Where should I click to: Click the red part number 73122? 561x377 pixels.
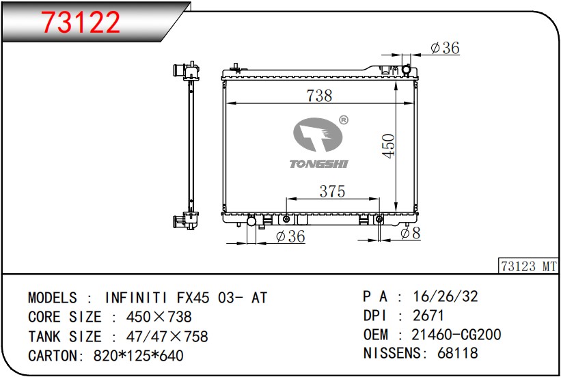81,22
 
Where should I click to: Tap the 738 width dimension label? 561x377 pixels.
319,96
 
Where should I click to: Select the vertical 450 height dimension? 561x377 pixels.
388,145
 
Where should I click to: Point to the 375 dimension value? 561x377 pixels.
332,191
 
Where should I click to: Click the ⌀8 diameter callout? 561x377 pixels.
410,233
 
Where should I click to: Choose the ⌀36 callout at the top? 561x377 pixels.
445,48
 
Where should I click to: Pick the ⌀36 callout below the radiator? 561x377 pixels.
290,236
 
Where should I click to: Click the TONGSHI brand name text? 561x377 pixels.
318,164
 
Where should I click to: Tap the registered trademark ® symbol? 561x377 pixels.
343,120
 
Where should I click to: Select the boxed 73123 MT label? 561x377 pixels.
528,266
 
